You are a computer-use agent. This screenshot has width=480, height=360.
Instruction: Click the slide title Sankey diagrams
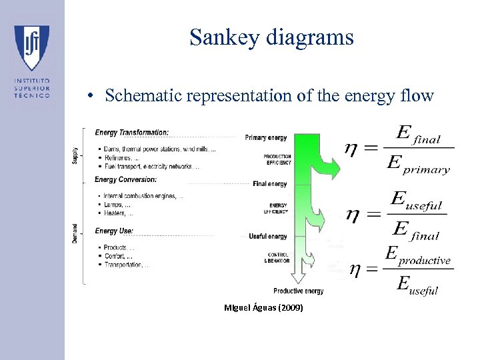pyautogui.click(x=271, y=37)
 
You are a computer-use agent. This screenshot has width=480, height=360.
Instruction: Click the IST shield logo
pyautogui.click(x=32, y=47)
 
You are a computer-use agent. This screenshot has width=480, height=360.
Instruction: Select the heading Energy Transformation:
pyautogui.click(x=132, y=132)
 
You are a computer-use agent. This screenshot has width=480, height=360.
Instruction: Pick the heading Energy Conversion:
pyautogui.click(x=126, y=179)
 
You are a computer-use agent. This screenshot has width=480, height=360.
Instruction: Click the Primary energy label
pyautogui.click(x=266, y=137)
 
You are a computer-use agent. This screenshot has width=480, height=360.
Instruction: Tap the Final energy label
pyautogui.click(x=270, y=184)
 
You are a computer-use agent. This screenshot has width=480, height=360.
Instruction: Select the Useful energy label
pyautogui.click(x=268, y=236)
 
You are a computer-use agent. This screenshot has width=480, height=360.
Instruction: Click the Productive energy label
pyautogui.click(x=299, y=291)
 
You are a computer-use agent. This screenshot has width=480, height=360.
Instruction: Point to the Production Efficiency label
pyautogui.click(x=277, y=159)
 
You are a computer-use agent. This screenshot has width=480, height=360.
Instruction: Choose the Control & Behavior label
pyautogui.click(x=278, y=257)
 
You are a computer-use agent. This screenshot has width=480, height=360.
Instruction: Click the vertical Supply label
pyautogui.click(x=75, y=155)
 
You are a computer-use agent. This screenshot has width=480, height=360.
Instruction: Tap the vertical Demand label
pyautogui.click(x=75, y=233)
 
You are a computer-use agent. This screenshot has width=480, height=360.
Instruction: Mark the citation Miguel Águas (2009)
pyautogui.click(x=265, y=308)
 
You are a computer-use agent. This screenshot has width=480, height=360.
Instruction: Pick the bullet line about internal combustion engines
pyautogui.click(x=143, y=196)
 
